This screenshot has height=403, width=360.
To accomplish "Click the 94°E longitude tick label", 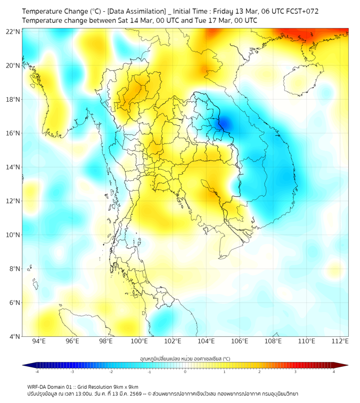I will pos(39,342).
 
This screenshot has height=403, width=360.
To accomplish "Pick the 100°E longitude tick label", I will pos(140,342).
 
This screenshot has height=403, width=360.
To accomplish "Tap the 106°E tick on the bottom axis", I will pos(240,342).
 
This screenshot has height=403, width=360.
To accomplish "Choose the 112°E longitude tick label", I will pos(340,342).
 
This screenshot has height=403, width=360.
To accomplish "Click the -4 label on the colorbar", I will pos(37,372).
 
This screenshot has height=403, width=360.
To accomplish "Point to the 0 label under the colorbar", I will pos(185,372).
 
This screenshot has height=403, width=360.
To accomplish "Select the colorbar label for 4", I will pos(334,372).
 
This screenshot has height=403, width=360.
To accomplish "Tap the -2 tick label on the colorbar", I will pos(111,372).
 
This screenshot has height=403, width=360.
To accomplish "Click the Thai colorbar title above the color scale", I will pos(185,359).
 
